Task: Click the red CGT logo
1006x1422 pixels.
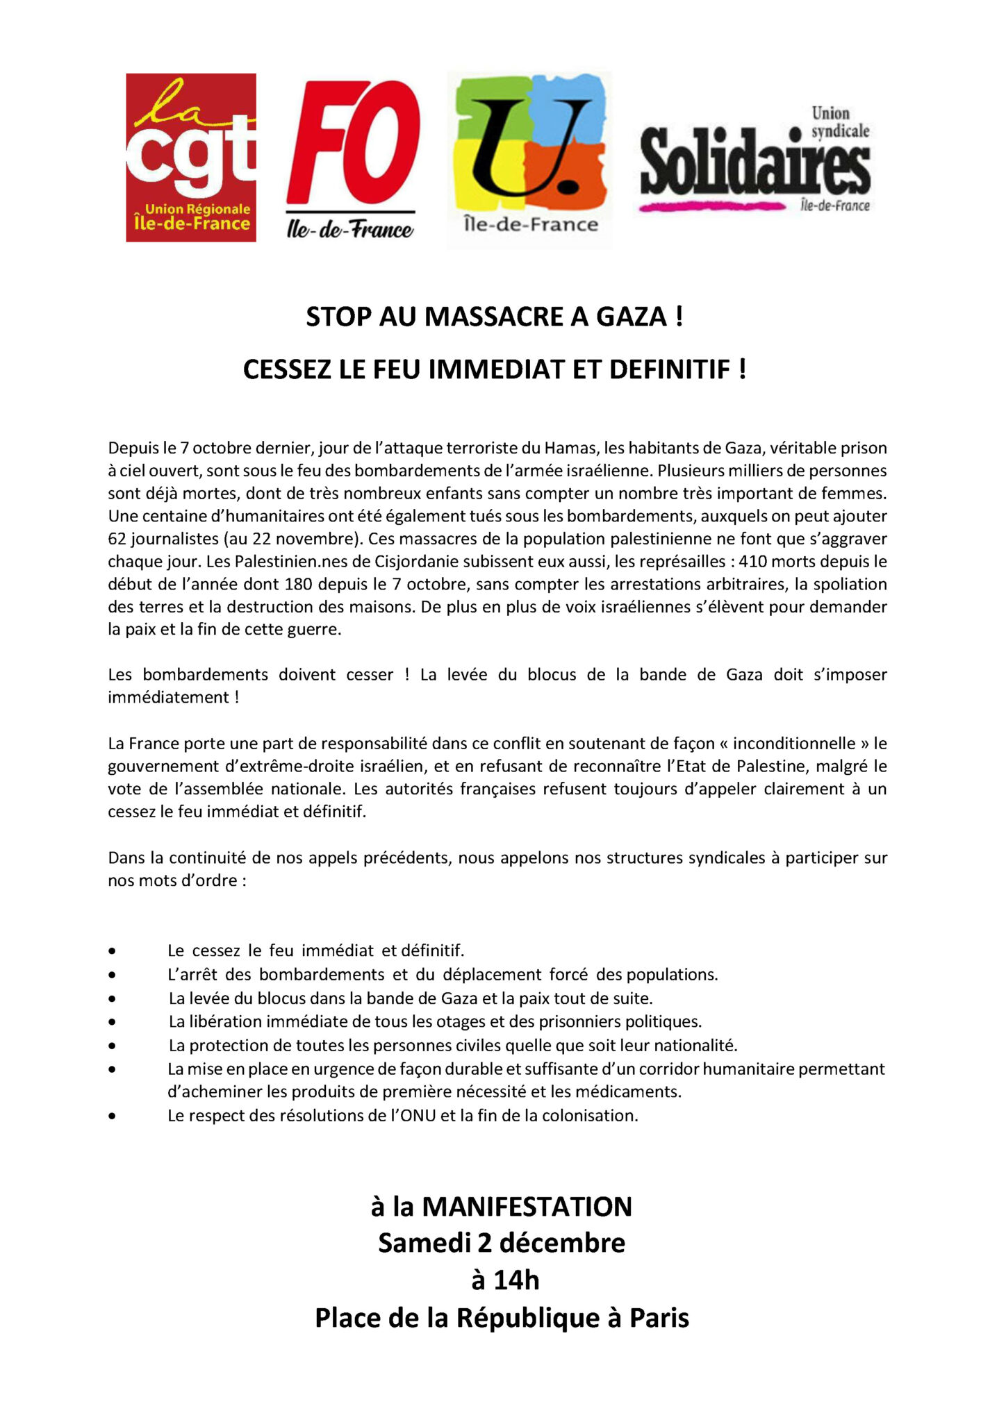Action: point(190,158)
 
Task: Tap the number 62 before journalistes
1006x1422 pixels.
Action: point(117,539)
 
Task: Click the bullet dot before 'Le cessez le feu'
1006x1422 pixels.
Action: point(112,951)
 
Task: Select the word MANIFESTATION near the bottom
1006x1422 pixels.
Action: point(527,1207)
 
